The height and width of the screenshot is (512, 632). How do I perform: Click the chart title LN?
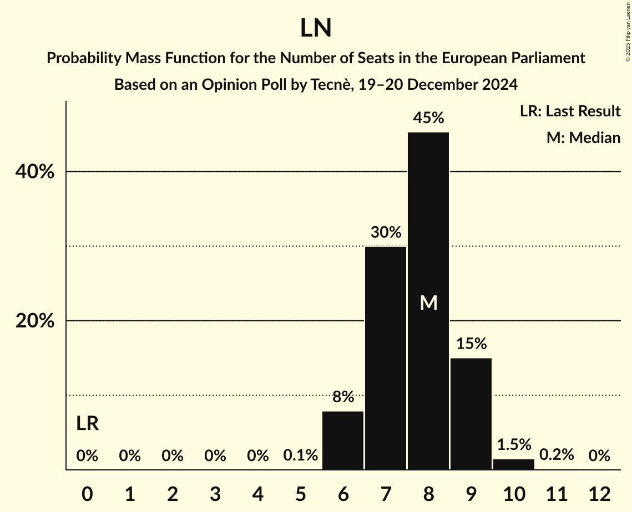[316, 28]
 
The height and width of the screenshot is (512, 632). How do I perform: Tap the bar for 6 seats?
[343, 441]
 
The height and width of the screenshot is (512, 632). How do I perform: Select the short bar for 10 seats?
[514, 464]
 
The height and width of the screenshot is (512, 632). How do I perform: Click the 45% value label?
[428, 118]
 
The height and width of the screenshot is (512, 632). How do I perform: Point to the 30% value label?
[386, 232]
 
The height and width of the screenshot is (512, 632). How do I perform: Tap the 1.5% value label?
[514, 444]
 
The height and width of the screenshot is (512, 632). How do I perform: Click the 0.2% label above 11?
[557, 455]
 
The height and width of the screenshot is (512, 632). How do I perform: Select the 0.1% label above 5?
[300, 455]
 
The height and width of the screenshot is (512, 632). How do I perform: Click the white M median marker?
[428, 303]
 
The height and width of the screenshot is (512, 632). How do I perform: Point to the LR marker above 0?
[87, 424]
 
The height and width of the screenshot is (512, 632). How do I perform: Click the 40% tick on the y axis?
[34, 172]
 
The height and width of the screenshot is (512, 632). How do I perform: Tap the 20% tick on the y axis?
[34, 321]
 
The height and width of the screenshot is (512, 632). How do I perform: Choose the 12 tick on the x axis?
[599, 494]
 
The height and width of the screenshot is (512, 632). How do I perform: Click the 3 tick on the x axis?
[215, 494]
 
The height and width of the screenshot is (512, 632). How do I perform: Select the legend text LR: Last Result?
[570, 111]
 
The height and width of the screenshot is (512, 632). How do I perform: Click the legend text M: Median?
[583, 137]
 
